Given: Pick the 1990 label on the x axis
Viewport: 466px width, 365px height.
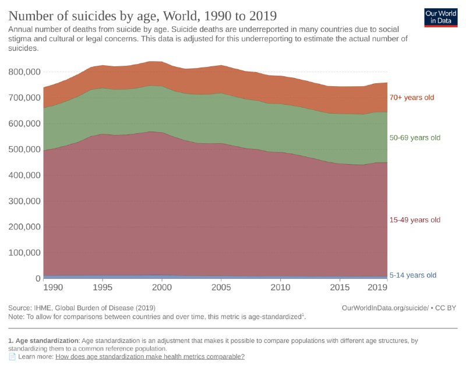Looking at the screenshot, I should tap(52, 288).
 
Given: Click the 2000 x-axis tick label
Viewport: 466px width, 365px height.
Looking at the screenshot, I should tap(162, 288).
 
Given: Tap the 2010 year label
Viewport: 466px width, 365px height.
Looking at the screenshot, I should tap(281, 288).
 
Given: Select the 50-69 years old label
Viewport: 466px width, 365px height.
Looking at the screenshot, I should tap(415, 138).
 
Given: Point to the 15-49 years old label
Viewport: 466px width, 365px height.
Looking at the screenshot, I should tap(415, 220).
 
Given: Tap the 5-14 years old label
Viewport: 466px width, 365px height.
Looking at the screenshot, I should tap(412, 275).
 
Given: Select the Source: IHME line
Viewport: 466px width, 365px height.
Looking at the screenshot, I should tap(82, 307).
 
